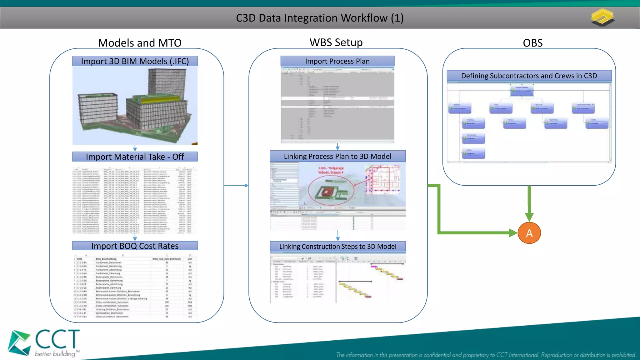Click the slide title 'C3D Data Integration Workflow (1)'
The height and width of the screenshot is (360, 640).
click(x=320, y=18)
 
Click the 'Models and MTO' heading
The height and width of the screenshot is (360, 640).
click(x=140, y=43)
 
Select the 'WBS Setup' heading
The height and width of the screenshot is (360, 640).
click(x=336, y=42)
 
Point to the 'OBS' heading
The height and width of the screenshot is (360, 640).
click(x=532, y=43)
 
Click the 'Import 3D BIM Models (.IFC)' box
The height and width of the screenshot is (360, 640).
click(x=135, y=61)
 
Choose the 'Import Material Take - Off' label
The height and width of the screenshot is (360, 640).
click(x=135, y=157)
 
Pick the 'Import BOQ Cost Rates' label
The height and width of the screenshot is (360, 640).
click(x=135, y=246)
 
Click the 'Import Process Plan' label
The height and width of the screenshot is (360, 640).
click(x=337, y=61)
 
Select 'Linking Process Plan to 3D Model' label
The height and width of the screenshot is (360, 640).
click(x=337, y=156)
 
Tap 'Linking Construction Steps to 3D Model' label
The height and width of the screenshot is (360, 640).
click(x=337, y=246)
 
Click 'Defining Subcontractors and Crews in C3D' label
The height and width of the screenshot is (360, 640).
click(x=529, y=76)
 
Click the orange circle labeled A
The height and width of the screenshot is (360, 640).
click(x=529, y=233)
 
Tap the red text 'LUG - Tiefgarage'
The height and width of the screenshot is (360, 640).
click(x=331, y=168)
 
